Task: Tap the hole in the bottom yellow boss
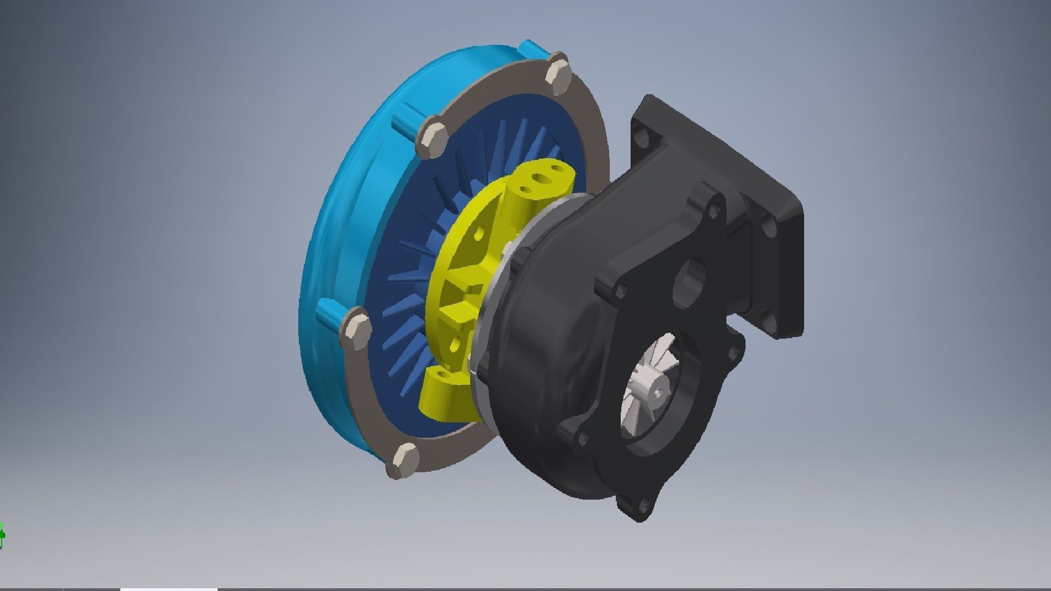click(x=441, y=377)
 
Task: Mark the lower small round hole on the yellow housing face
click(x=454, y=344)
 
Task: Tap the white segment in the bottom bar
click(x=169, y=589)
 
